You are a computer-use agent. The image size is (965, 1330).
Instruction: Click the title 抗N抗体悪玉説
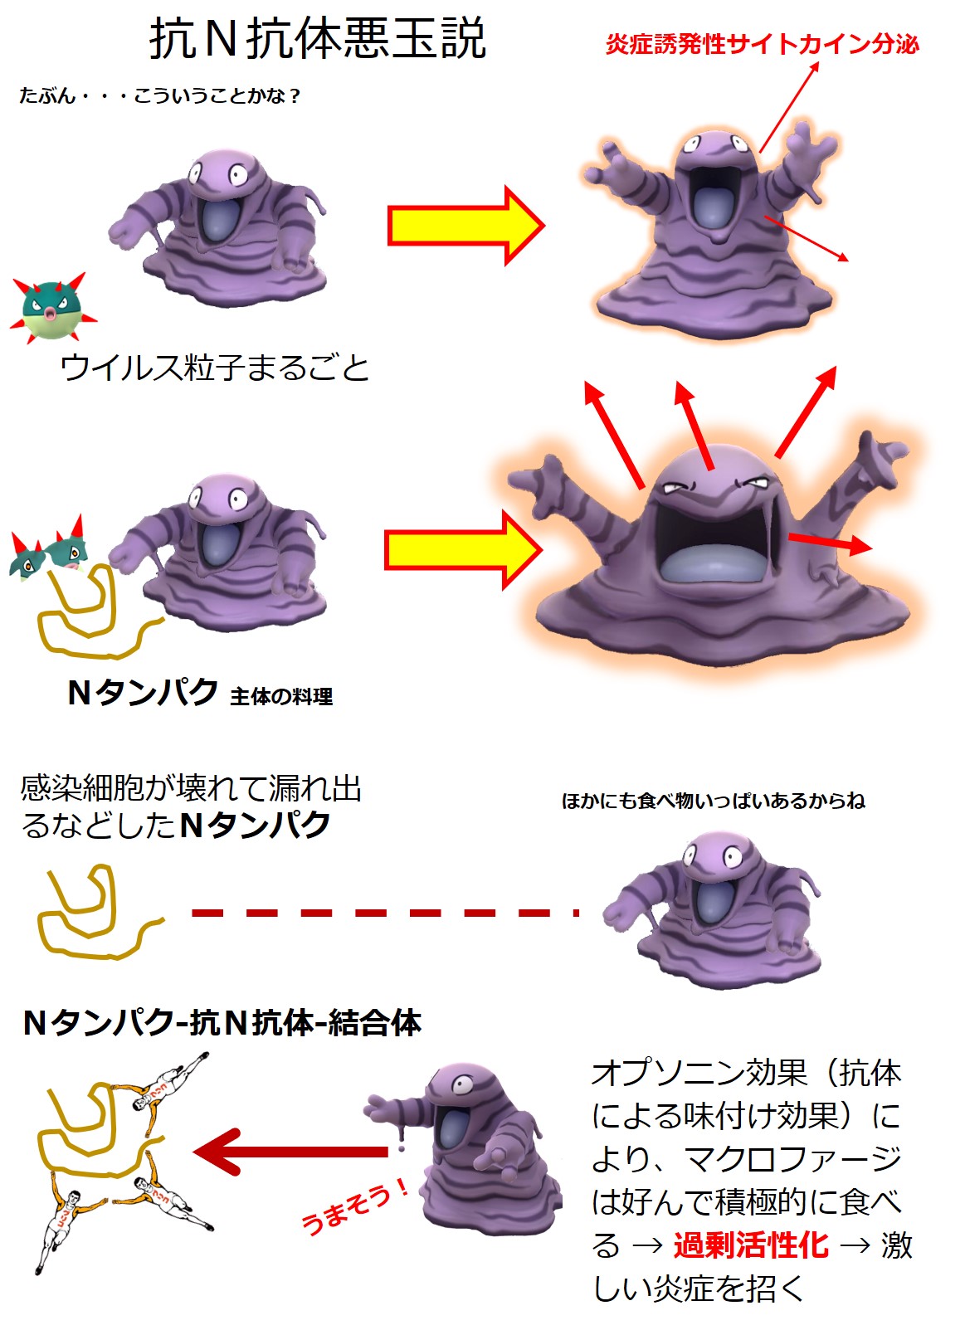pos(317,39)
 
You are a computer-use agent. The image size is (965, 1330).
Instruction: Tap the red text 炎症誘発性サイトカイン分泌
pos(762,44)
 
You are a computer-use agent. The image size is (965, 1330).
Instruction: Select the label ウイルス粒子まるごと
pos(214,368)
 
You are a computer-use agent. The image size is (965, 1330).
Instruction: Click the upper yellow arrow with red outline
pos(465,226)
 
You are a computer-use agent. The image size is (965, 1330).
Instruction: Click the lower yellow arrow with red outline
pos(462,550)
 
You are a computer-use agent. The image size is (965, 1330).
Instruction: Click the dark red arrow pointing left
pos(290,1152)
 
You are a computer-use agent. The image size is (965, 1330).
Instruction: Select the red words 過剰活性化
pos(750,1245)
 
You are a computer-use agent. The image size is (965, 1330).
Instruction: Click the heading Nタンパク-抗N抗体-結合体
pos(222,1023)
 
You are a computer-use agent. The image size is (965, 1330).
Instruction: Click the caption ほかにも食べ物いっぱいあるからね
pos(713,801)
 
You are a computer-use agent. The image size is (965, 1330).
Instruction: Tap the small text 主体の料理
pos(281,697)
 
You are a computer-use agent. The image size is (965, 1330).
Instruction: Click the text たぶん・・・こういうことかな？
pos(160,96)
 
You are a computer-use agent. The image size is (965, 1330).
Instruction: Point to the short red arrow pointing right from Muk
pos(829,543)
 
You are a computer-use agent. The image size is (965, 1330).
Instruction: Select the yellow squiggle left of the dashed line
pos(91,917)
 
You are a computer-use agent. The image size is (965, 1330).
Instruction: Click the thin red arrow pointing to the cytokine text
pos(789,107)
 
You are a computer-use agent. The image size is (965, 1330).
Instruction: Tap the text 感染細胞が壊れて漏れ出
pos(191,788)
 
